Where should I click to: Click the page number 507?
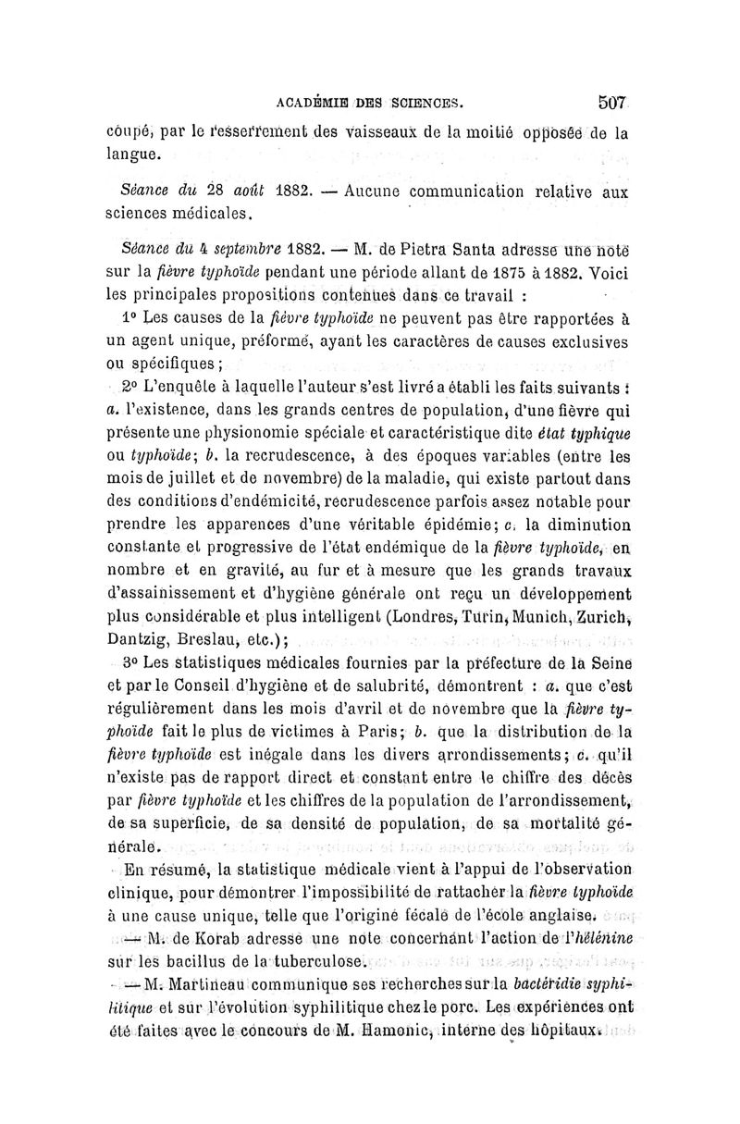(613, 100)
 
